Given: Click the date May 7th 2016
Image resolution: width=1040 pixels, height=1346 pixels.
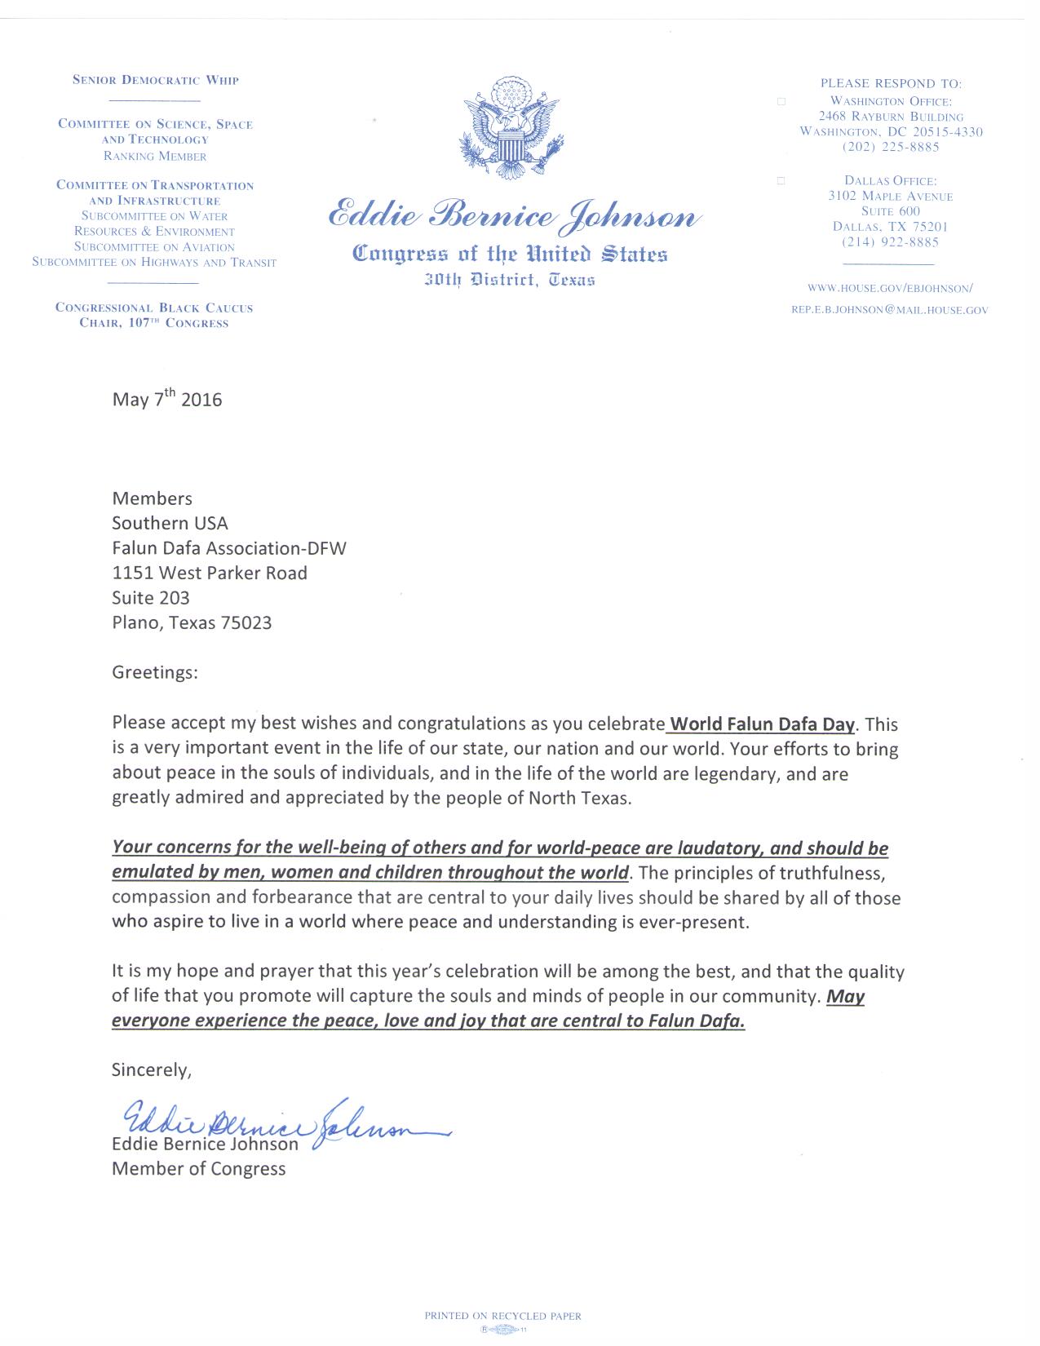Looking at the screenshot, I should click(x=166, y=399).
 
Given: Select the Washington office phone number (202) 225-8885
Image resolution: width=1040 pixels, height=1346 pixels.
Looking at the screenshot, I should click(x=891, y=147).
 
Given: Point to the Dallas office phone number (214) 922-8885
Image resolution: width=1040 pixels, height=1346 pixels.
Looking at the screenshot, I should click(x=890, y=242).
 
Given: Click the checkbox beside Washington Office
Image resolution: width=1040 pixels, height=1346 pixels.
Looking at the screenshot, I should click(x=781, y=102).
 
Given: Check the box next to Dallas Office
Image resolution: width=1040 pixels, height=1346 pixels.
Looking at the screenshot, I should click(x=781, y=181).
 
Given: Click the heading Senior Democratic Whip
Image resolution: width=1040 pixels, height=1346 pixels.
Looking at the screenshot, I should click(x=155, y=80).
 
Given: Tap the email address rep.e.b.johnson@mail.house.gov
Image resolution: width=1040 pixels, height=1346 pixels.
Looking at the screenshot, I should click(x=889, y=310).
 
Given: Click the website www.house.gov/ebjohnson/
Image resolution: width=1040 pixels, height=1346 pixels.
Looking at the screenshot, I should click(x=890, y=288).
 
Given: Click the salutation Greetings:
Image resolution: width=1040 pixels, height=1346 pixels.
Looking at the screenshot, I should click(x=154, y=673).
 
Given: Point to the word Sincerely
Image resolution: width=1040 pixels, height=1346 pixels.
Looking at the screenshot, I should click(x=151, y=1070).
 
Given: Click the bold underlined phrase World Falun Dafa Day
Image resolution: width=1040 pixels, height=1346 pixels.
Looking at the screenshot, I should click(x=762, y=724).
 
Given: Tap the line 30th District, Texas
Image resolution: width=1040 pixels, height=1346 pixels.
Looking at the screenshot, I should click(x=510, y=280).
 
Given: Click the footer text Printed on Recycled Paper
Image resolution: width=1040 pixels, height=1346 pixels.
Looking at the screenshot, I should click(x=502, y=1315).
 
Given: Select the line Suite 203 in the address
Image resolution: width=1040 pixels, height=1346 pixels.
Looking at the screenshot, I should click(x=151, y=598).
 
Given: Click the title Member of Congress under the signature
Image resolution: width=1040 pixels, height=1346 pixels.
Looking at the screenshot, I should click(x=198, y=1169).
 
